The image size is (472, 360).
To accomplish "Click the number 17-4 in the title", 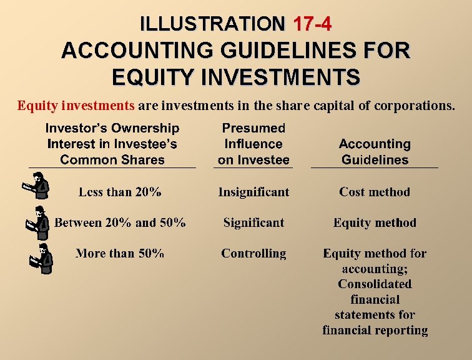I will pyautogui.click(x=312, y=24).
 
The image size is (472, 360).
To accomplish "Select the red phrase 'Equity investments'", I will pyautogui.click(x=76, y=105).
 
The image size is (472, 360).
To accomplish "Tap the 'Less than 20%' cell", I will pyautogui.click(x=120, y=192).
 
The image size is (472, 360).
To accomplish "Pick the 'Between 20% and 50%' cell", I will pyautogui.click(x=120, y=222).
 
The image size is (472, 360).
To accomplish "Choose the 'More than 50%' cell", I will pyautogui.click(x=120, y=253).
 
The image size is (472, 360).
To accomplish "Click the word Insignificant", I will pyautogui.click(x=253, y=192).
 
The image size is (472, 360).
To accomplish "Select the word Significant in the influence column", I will pyautogui.click(x=253, y=222).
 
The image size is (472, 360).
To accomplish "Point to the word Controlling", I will pyautogui.click(x=253, y=253).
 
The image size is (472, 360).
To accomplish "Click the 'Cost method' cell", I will pyautogui.click(x=375, y=192).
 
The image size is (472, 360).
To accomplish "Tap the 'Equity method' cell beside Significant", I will pyautogui.click(x=375, y=222).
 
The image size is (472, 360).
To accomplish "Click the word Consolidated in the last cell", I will pyautogui.click(x=375, y=284).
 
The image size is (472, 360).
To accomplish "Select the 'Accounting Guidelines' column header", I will pyautogui.click(x=375, y=151).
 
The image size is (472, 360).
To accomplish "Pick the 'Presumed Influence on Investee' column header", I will pyautogui.click(x=253, y=144).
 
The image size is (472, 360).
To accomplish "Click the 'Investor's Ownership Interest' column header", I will pyautogui.click(x=112, y=144).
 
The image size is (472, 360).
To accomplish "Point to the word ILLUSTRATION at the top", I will pyautogui.click(x=212, y=24).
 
